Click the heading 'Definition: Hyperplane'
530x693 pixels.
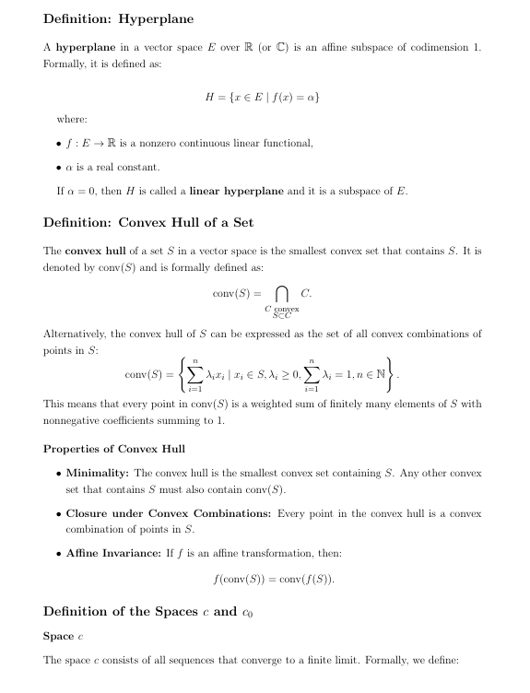[118, 19]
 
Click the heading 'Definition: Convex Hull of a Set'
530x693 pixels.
[148, 222]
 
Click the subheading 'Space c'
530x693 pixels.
[64, 636]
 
